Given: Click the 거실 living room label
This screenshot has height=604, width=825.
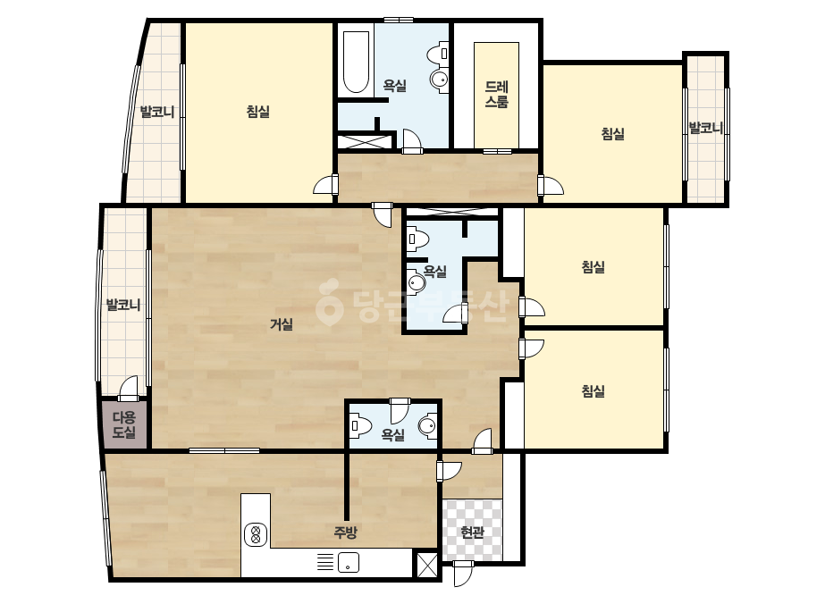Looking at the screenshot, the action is coord(282,324).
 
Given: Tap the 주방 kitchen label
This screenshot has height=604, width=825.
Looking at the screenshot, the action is coord(346,532).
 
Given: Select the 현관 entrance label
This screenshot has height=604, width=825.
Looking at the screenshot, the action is coord(472,533).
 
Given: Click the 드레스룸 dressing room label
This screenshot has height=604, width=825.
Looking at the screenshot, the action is coord(496,94).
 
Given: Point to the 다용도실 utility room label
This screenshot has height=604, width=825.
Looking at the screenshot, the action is coord(124,425).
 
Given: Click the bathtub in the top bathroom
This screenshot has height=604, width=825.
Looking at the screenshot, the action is coord(357,63).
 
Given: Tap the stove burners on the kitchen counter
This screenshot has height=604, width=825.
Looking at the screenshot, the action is coord(256,535).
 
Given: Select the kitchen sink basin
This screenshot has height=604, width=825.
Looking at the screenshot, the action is coord(349,562).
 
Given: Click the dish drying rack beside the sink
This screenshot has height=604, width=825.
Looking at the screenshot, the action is coord(325,562).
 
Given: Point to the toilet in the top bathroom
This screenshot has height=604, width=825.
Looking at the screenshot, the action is coord(438,54).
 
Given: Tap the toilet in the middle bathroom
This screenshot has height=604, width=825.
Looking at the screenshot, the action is coord(418,239).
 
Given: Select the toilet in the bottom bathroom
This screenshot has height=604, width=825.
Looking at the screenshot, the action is coord(361,426).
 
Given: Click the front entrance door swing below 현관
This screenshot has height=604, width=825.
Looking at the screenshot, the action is coord(464,574).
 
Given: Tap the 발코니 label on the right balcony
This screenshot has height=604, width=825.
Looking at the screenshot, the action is coord(705,128).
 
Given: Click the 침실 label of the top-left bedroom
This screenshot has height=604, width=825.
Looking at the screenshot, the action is coord(257,111).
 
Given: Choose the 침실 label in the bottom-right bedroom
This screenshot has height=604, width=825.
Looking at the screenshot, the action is coord(593,390).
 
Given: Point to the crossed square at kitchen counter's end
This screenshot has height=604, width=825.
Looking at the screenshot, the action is coord(427,565).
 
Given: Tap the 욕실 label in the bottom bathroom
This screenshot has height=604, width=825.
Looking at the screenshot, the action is coord(393,434).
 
